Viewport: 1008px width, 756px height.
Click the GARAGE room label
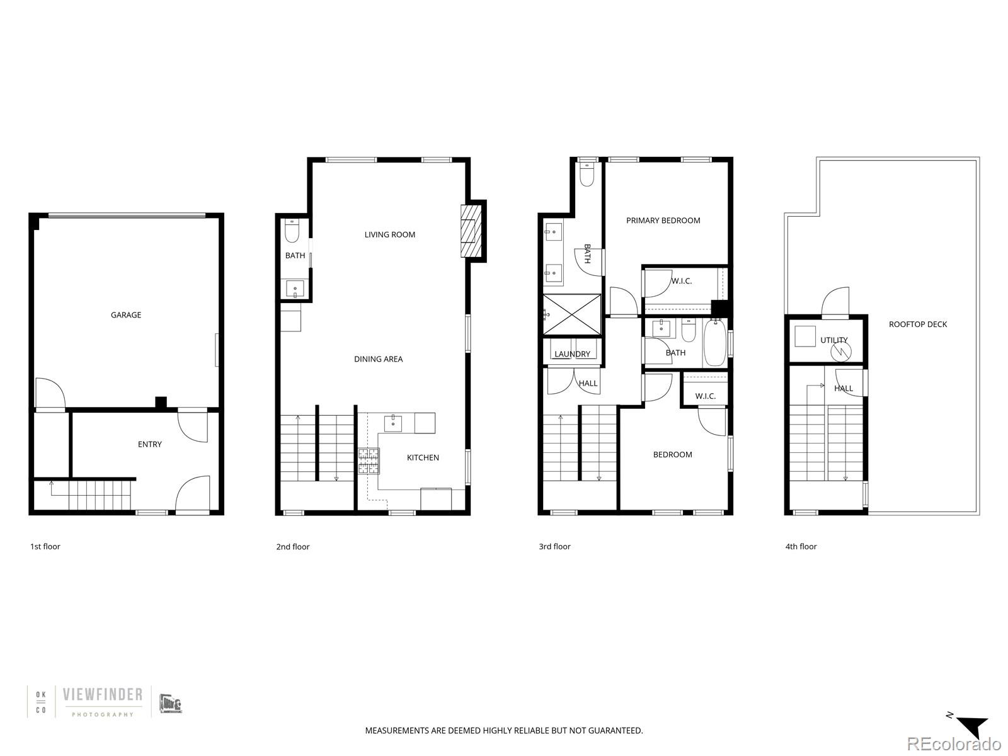(x=126, y=315)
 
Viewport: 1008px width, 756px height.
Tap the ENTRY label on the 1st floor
(x=150, y=444)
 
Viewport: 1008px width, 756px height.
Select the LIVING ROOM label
(x=389, y=234)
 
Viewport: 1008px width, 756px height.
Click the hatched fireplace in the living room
(x=470, y=231)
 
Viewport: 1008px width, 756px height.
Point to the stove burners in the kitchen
(x=369, y=461)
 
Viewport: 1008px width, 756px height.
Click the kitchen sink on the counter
(x=394, y=421)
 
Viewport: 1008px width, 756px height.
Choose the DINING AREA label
(x=378, y=359)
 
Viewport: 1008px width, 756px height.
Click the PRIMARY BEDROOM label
(x=663, y=220)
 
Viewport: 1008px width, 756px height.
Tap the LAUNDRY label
(x=572, y=354)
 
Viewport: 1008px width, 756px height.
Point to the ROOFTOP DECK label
(x=917, y=324)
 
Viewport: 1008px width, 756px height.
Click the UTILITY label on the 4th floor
(x=833, y=340)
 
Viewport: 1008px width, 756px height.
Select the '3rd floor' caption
(x=554, y=546)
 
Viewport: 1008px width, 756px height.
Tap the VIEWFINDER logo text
(x=103, y=695)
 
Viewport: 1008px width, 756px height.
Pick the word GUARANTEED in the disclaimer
(x=614, y=731)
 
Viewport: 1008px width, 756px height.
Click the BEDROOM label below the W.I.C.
(x=672, y=454)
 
